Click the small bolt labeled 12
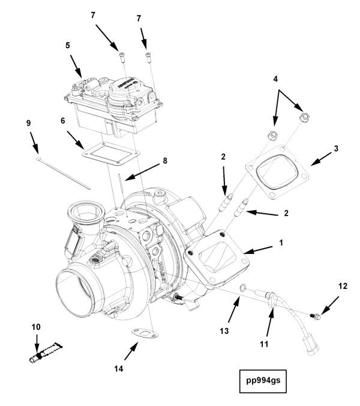click(314, 315)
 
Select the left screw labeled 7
click(122, 56)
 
